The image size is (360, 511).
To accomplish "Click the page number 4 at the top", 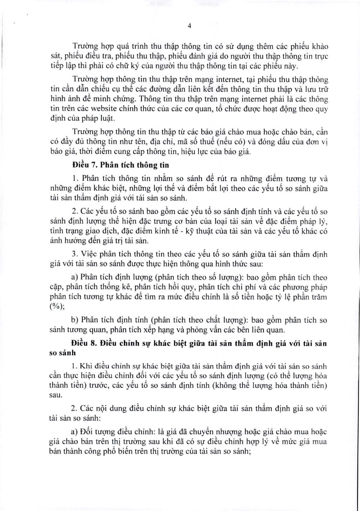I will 189,26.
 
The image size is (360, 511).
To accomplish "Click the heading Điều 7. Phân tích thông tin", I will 121,165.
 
